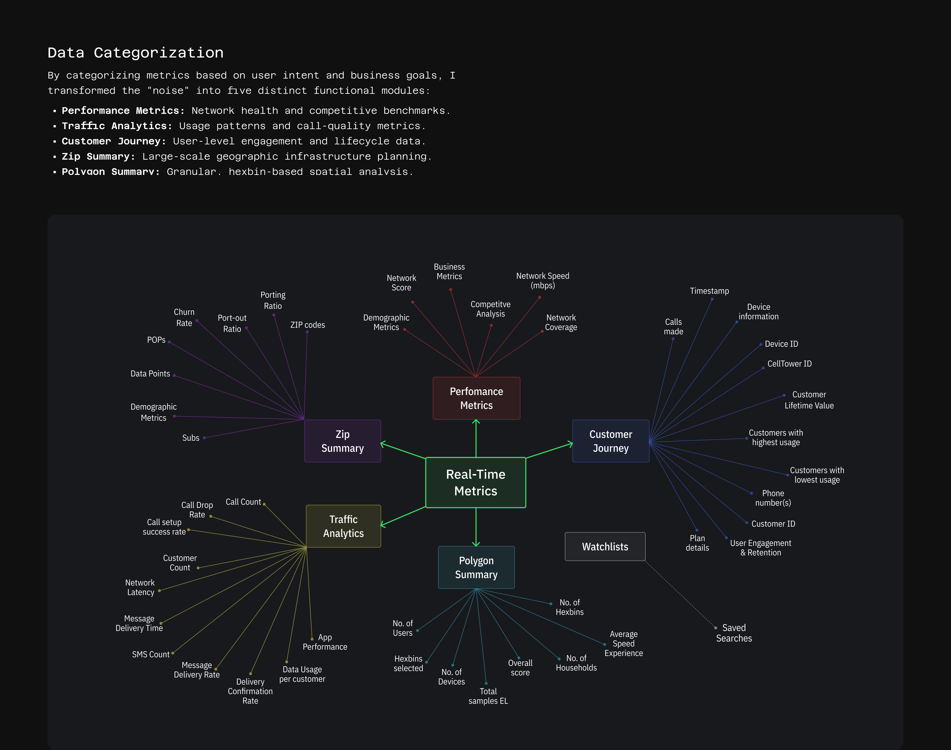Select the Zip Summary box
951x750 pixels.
(343, 441)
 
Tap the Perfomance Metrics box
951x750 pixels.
(476, 398)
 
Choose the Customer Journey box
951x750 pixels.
(611, 441)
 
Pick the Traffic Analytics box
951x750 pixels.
(344, 526)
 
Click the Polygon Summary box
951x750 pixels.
(476, 567)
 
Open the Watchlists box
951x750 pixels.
(605, 547)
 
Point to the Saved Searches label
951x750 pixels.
(734, 633)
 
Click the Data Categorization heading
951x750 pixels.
(136, 53)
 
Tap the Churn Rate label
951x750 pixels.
(184, 317)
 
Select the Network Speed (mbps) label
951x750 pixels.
(543, 281)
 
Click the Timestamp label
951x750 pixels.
(709, 291)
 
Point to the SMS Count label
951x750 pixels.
(150, 654)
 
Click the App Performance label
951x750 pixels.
(325, 642)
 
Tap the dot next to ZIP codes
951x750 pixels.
(307, 332)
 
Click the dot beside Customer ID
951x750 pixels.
(747, 523)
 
